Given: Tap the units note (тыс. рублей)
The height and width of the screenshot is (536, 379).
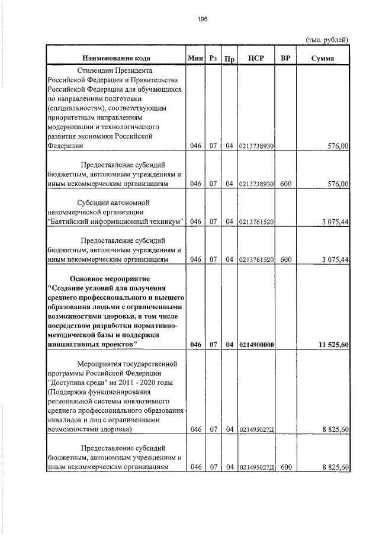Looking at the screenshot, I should click(326, 39).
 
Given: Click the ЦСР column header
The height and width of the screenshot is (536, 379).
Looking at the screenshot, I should click(256, 58).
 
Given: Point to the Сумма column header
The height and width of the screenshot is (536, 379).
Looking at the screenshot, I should click(322, 58).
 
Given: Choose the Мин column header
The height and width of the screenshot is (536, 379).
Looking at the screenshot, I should click(195, 58).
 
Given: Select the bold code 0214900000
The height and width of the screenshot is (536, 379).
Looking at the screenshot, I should click(256, 345).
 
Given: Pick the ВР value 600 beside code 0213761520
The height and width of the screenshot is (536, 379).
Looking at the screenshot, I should click(286, 259).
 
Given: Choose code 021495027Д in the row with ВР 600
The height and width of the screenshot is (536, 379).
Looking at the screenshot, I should click(257, 467).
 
